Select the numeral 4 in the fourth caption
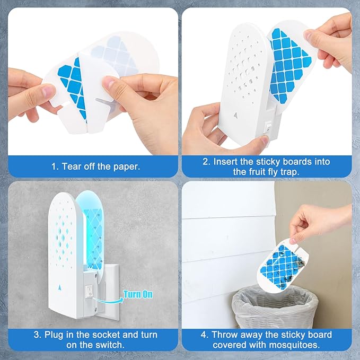(x=203, y=335)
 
